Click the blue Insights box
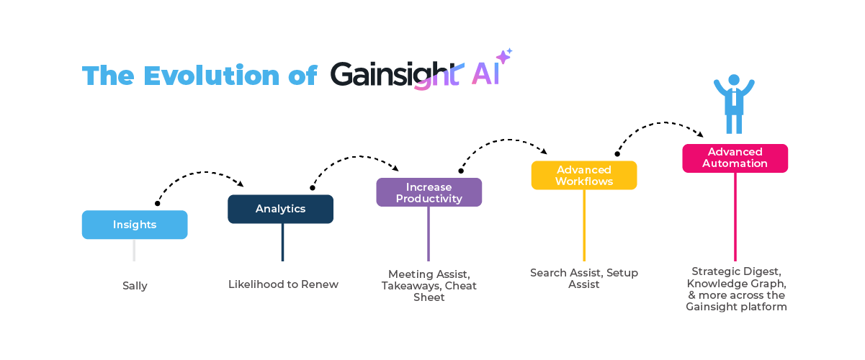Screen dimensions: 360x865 tap(135, 225)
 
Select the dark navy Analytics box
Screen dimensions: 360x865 tap(281, 209)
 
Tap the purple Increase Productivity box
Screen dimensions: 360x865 tap(429, 192)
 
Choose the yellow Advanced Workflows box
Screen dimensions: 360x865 tap(583, 175)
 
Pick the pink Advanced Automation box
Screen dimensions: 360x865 tap(735, 158)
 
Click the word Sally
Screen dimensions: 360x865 tap(135, 286)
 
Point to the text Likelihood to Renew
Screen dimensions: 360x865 tap(283, 284)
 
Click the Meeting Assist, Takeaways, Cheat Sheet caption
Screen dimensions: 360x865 tap(429, 285)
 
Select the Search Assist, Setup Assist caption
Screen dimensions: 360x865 tap(583, 279)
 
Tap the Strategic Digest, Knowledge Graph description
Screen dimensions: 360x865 tap(735, 289)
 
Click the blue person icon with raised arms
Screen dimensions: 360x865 tap(734, 104)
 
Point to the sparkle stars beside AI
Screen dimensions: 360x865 tap(504, 56)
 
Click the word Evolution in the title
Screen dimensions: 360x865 tap(211, 76)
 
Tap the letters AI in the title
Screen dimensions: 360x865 tap(485, 74)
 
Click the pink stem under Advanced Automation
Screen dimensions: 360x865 tap(735, 216)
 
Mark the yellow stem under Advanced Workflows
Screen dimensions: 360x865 tap(583, 225)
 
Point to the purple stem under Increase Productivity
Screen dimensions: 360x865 tap(429, 233)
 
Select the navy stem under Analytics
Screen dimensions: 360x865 tap(282, 242)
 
